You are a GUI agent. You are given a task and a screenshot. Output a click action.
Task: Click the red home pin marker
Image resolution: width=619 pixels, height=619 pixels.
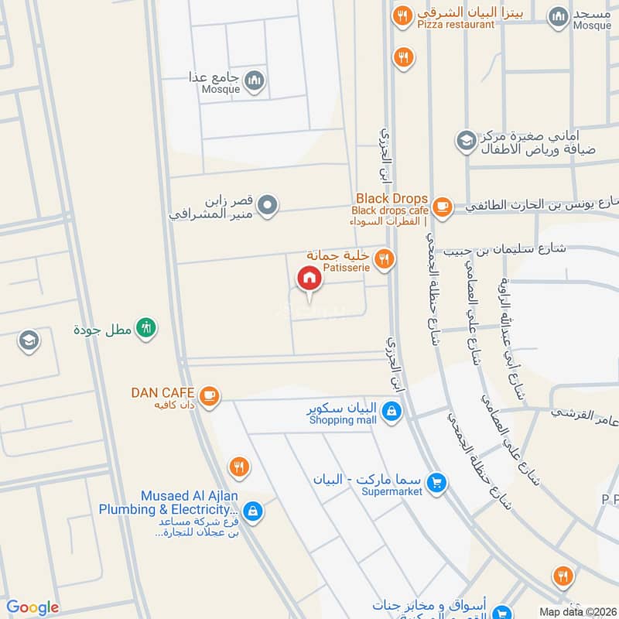(309, 279)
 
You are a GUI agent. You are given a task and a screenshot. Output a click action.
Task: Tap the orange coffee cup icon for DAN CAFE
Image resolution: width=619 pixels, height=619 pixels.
(209, 396)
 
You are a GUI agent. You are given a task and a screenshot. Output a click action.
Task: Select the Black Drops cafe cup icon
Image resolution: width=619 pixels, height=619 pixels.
(442, 206)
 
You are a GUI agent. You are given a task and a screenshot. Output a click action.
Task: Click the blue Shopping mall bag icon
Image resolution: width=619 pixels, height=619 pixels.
(392, 412)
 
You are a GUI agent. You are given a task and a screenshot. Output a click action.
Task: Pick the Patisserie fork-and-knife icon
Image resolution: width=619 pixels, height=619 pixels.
(384, 260)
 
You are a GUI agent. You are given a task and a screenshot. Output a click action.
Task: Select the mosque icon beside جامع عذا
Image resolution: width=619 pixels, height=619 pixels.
(255, 80)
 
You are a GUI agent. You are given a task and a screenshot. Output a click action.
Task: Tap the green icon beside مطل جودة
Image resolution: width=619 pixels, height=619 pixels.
(145, 328)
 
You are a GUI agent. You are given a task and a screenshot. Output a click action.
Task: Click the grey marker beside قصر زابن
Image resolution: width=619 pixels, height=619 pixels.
(268, 206)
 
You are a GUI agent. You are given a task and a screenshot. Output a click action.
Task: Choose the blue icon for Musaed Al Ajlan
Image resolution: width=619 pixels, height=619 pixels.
(252, 511)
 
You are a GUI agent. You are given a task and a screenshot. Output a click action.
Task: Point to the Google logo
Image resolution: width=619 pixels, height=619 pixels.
(32, 607)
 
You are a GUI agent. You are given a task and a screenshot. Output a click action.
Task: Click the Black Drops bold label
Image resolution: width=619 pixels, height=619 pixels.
(392, 199)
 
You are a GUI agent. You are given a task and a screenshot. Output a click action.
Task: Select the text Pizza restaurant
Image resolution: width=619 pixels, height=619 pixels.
(456, 25)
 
